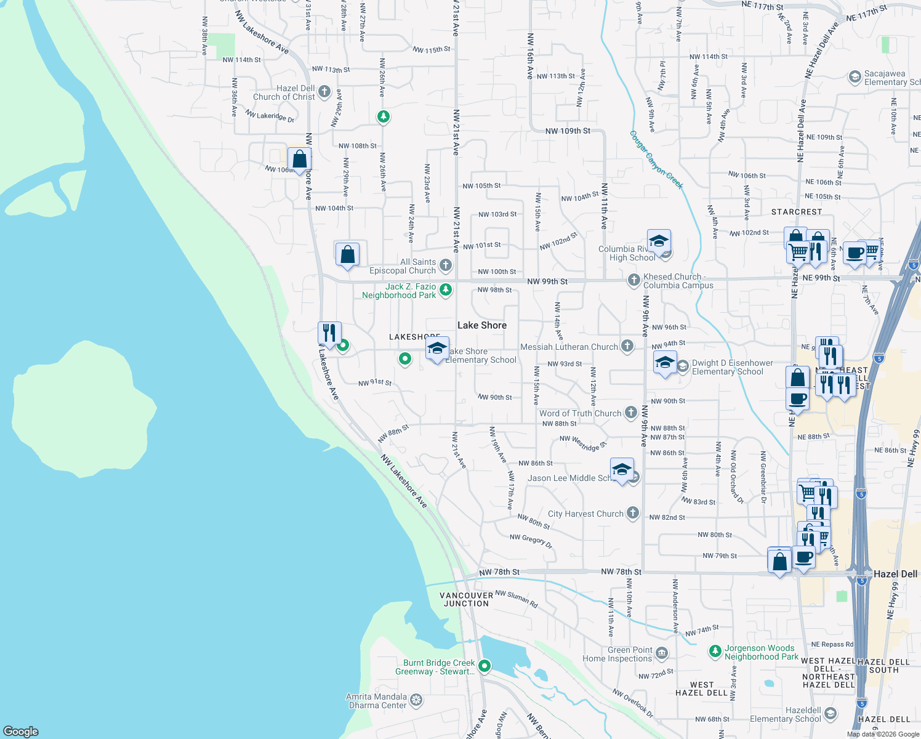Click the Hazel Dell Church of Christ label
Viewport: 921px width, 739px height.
tap(284, 93)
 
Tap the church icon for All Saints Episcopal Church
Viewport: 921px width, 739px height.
tap(446, 265)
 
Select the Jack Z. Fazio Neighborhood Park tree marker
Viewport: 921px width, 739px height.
tap(446, 289)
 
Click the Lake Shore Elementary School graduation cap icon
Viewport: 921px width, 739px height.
tap(437, 349)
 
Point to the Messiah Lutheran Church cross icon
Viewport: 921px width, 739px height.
tap(627, 346)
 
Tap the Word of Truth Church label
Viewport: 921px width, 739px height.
tap(580, 414)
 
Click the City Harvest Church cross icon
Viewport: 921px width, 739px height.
tap(632, 513)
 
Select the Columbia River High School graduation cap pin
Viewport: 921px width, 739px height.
tap(658, 241)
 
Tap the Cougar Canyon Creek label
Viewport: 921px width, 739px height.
tap(656, 160)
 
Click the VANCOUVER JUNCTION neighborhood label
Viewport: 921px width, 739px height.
tap(466, 600)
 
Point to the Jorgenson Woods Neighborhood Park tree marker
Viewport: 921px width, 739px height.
tap(715, 651)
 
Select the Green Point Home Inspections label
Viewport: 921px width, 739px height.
tap(617, 655)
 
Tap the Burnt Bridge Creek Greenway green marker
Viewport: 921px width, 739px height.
tap(485, 666)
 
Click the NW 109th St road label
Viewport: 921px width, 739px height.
tap(568, 131)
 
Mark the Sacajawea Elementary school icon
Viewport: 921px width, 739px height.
tap(855, 77)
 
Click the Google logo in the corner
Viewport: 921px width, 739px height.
tap(20, 732)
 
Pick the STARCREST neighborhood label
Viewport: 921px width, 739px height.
tap(796, 212)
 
